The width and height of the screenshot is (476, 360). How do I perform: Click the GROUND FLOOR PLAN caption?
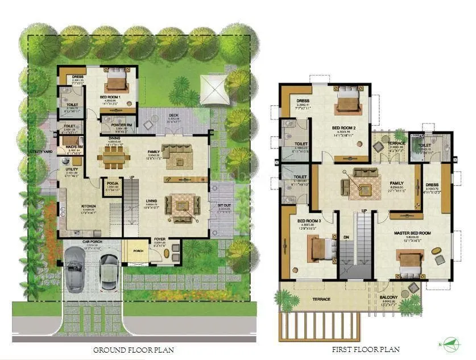pyautogui.click(x=133, y=350)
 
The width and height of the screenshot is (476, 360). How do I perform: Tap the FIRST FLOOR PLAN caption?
pyautogui.click(x=366, y=349)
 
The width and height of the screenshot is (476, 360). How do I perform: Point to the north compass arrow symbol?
pyautogui.click(x=453, y=343)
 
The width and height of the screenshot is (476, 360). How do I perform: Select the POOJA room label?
pyautogui.click(x=112, y=183)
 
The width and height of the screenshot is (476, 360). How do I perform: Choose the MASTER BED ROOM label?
pyautogui.click(x=412, y=233)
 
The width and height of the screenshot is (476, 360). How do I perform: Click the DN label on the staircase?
pyautogui.click(x=346, y=237)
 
